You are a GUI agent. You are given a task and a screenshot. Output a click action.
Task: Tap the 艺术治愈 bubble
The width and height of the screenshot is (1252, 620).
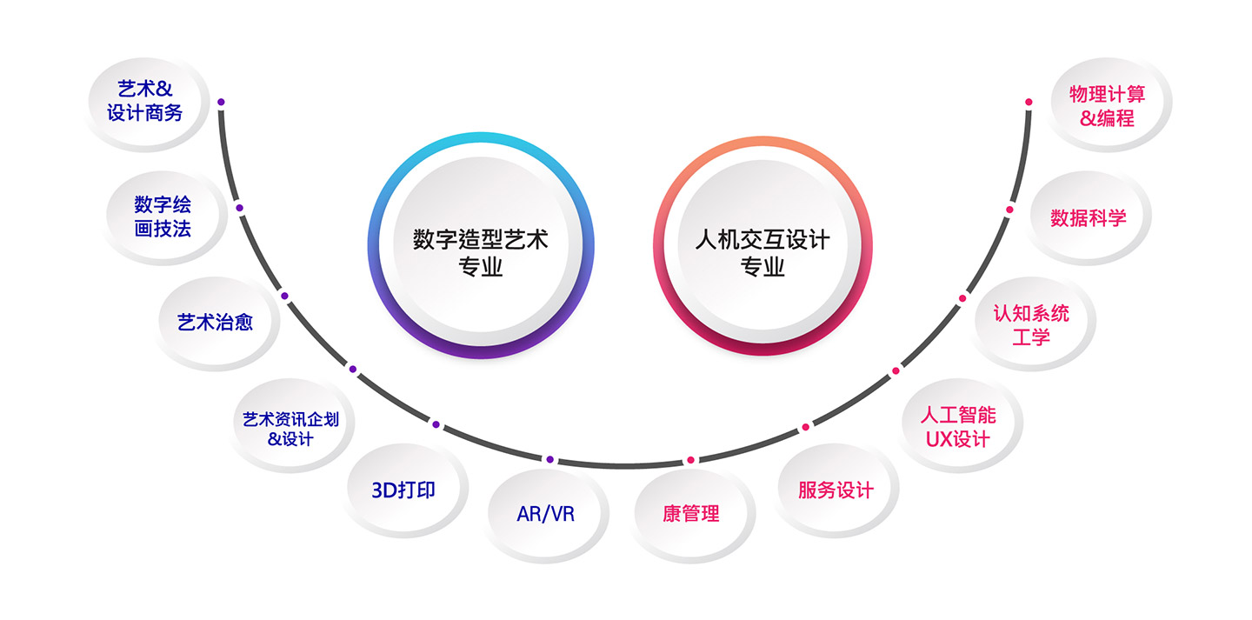[x=215, y=322]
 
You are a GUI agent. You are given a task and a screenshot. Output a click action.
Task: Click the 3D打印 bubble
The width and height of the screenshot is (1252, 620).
[x=403, y=490]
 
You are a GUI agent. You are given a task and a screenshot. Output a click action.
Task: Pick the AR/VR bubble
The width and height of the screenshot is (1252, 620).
[x=546, y=514]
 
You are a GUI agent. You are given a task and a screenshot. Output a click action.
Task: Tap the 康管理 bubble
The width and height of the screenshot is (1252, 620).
[x=691, y=514]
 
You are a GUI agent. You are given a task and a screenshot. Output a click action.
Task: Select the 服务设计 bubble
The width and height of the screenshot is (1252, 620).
[x=836, y=490]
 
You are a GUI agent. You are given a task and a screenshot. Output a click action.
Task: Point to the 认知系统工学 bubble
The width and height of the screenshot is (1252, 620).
[x=1032, y=324]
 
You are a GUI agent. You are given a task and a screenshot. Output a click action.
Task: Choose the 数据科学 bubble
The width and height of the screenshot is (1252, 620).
[x=1089, y=218]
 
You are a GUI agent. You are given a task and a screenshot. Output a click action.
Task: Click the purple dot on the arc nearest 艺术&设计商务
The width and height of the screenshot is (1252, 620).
[x=221, y=103]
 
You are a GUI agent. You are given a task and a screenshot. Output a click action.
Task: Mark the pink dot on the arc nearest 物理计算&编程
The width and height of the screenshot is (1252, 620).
[x=1029, y=103]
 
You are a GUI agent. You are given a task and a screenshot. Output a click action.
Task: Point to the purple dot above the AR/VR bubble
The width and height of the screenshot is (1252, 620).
[x=549, y=459]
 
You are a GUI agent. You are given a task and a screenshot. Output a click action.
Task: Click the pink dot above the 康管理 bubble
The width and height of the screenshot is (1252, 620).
[x=690, y=460]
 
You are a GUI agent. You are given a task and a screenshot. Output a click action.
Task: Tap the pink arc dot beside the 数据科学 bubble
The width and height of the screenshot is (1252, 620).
[x=1009, y=210]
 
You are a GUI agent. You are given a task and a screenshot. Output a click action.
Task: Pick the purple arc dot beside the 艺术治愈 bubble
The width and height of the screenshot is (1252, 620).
[x=284, y=297]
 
